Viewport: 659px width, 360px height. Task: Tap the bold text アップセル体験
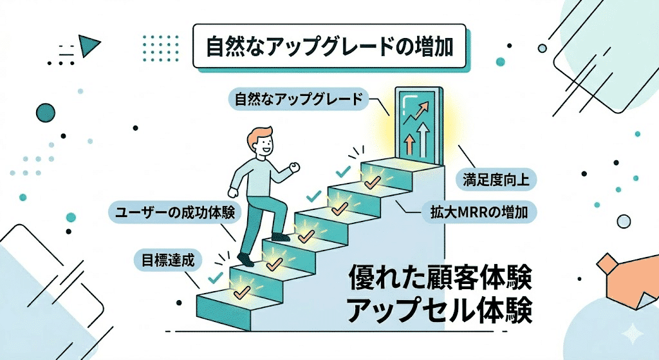coord(440,311)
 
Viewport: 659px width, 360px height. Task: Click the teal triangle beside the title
coord(90,44)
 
